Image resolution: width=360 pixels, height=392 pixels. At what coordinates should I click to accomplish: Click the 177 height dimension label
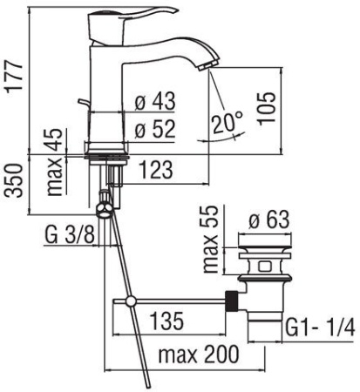pyautogui.click(x=15, y=77)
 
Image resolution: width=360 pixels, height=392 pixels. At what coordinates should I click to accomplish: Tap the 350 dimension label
pyautogui.click(x=15, y=180)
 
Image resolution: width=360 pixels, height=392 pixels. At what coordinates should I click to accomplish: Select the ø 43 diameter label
pyautogui.click(x=155, y=101)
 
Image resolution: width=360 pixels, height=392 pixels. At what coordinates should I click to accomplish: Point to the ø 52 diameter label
pyautogui.click(x=155, y=129)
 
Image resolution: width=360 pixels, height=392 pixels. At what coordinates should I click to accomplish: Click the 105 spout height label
pyautogui.click(x=266, y=109)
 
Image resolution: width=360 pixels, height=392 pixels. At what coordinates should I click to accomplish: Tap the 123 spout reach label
pyautogui.click(x=156, y=170)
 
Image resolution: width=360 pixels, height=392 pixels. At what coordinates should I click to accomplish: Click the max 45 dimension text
pyautogui.click(x=55, y=162)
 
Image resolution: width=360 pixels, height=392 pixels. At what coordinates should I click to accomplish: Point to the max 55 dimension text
pyautogui.click(x=210, y=239)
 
